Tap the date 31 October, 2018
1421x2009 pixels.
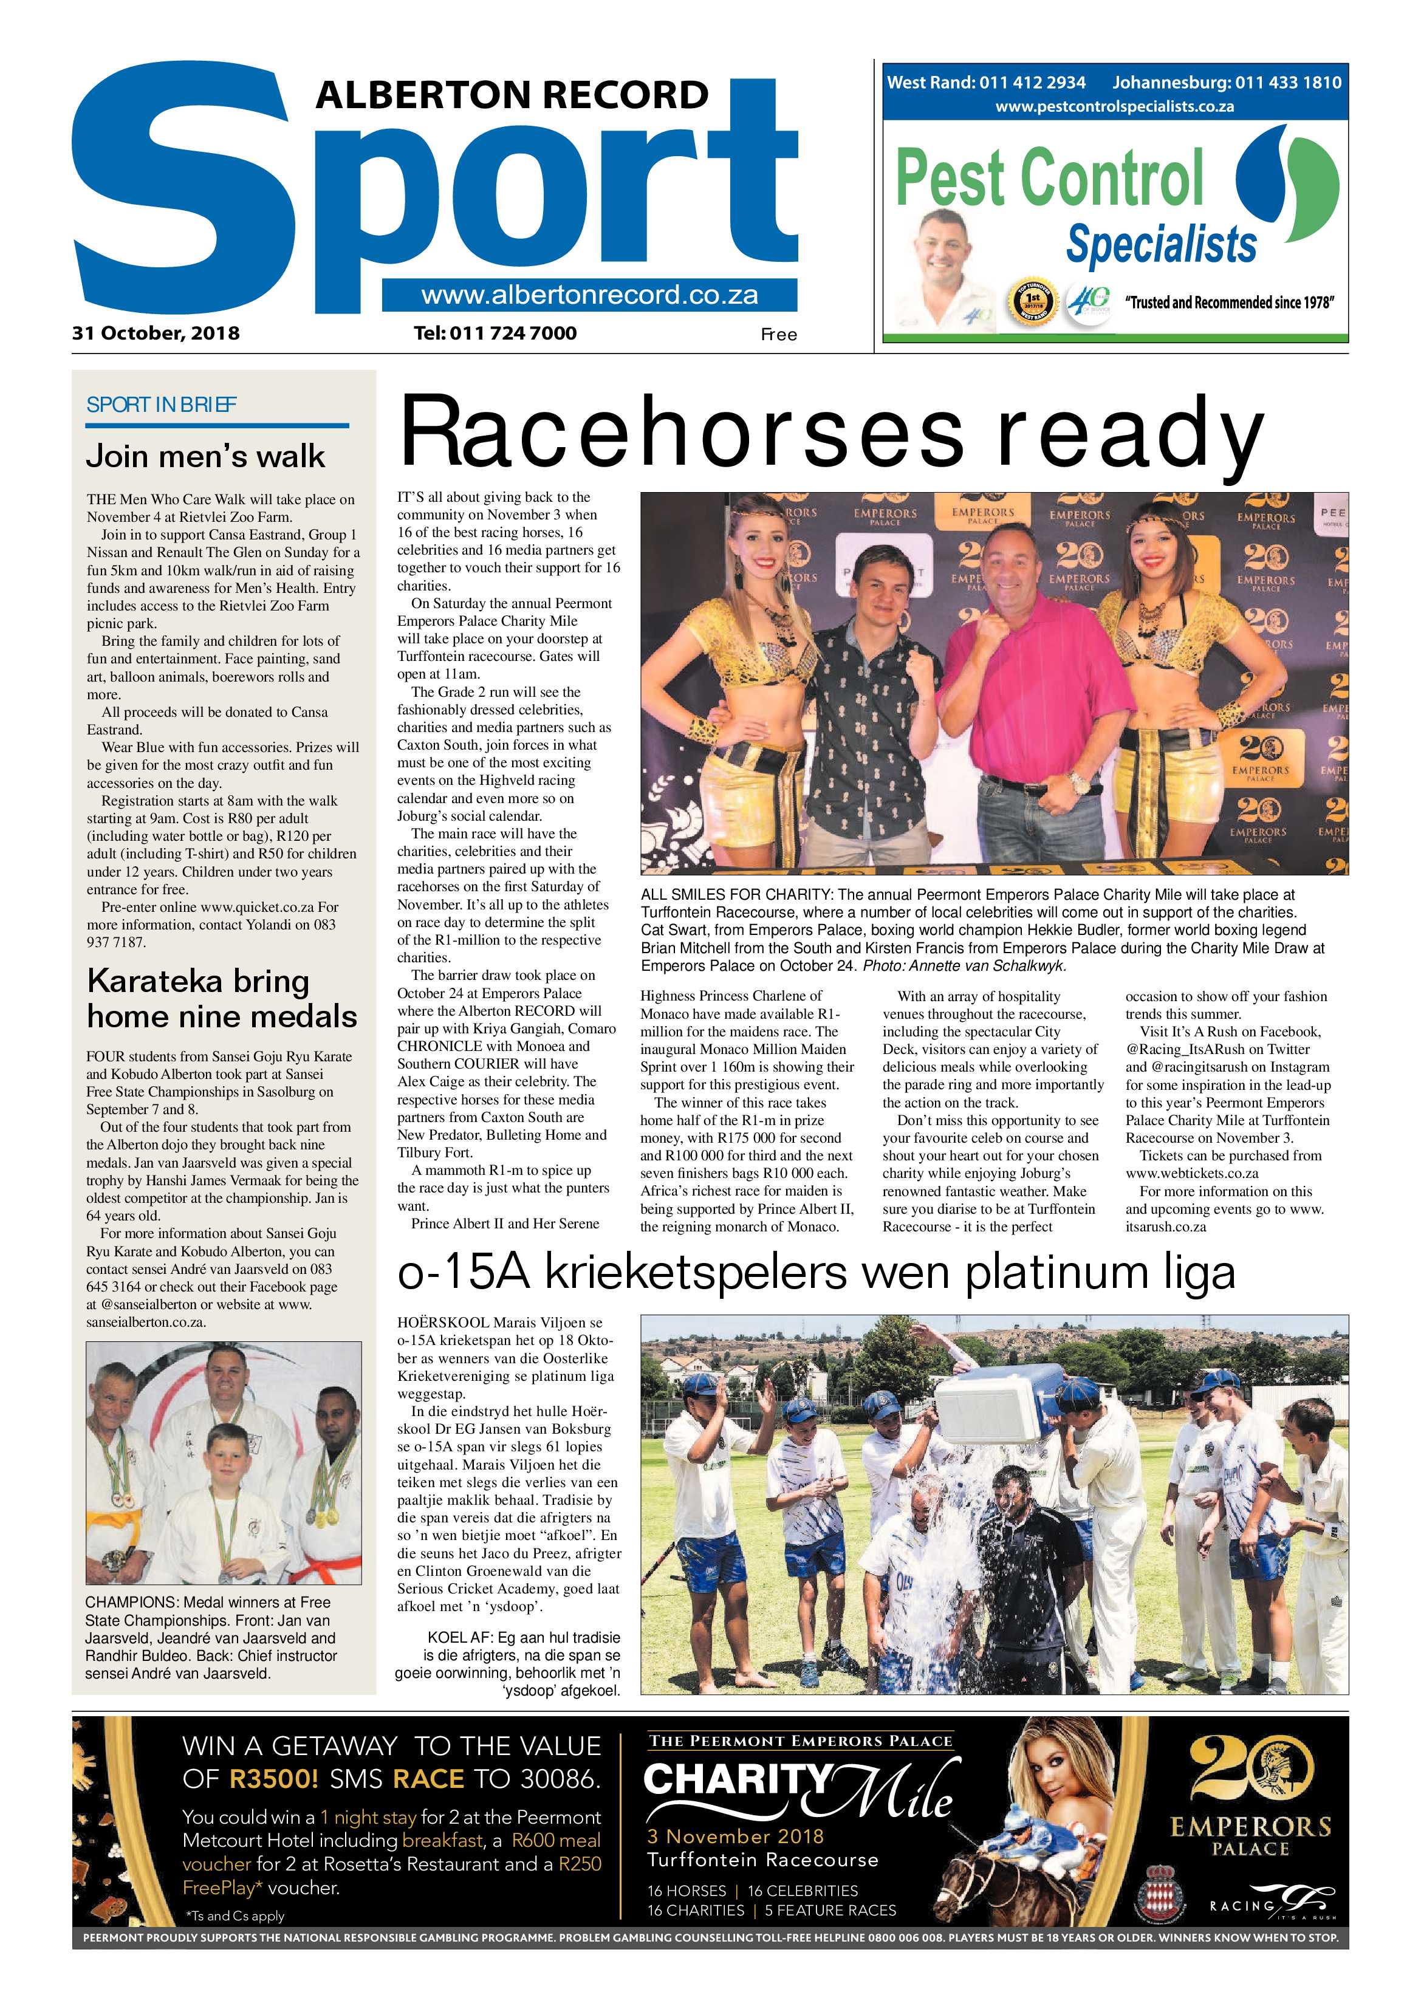click(156, 334)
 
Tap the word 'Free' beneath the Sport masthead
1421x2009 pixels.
click(778, 334)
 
